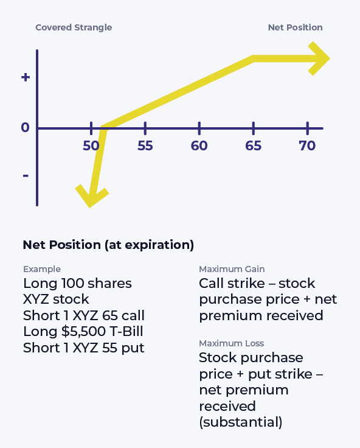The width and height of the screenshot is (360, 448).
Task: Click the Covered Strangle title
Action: click(74, 27)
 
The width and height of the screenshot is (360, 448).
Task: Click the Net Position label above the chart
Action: click(295, 27)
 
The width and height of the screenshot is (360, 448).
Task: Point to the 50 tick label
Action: click(91, 146)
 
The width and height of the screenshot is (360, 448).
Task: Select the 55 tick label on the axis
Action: click(145, 146)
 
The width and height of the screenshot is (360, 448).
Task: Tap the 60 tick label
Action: click(199, 146)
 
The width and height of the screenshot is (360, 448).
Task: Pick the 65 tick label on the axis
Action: click(253, 146)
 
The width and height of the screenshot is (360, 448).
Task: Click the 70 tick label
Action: click(307, 146)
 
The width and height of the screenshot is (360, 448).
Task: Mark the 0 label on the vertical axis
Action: click(25, 128)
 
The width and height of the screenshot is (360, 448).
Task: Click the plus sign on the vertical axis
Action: click(25, 77)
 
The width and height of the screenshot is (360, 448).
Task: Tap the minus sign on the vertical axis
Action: click(25, 176)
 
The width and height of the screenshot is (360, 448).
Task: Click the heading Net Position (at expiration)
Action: click(108, 245)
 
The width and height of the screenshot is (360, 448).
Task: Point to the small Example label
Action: click(42, 269)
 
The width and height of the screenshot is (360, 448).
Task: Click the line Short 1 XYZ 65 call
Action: click(84, 315)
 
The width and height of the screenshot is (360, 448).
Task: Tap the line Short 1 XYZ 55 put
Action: click(83, 348)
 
